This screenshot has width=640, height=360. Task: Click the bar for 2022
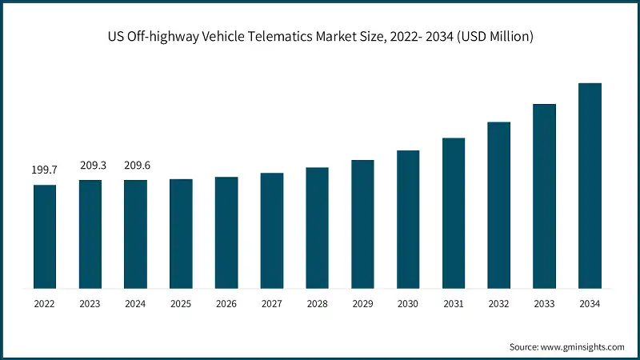click(44, 236)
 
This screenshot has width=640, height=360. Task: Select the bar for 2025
click(181, 233)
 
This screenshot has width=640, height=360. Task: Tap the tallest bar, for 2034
click(590, 185)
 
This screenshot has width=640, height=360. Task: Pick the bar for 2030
click(408, 218)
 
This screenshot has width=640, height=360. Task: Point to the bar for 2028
click(317, 227)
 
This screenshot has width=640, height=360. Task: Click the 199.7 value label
click(44, 170)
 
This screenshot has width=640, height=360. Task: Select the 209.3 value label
click(90, 166)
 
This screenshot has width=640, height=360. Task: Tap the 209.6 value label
click(135, 166)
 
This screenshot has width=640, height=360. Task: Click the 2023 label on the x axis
click(90, 304)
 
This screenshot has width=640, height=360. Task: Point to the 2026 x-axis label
click(226, 304)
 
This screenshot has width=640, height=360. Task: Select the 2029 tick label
click(362, 304)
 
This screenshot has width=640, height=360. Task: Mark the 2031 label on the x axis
click(454, 304)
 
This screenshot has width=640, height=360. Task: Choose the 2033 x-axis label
click(544, 304)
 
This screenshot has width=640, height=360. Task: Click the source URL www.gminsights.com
click(583, 346)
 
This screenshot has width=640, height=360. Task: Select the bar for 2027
click(272, 230)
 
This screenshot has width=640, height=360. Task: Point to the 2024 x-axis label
click(135, 304)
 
